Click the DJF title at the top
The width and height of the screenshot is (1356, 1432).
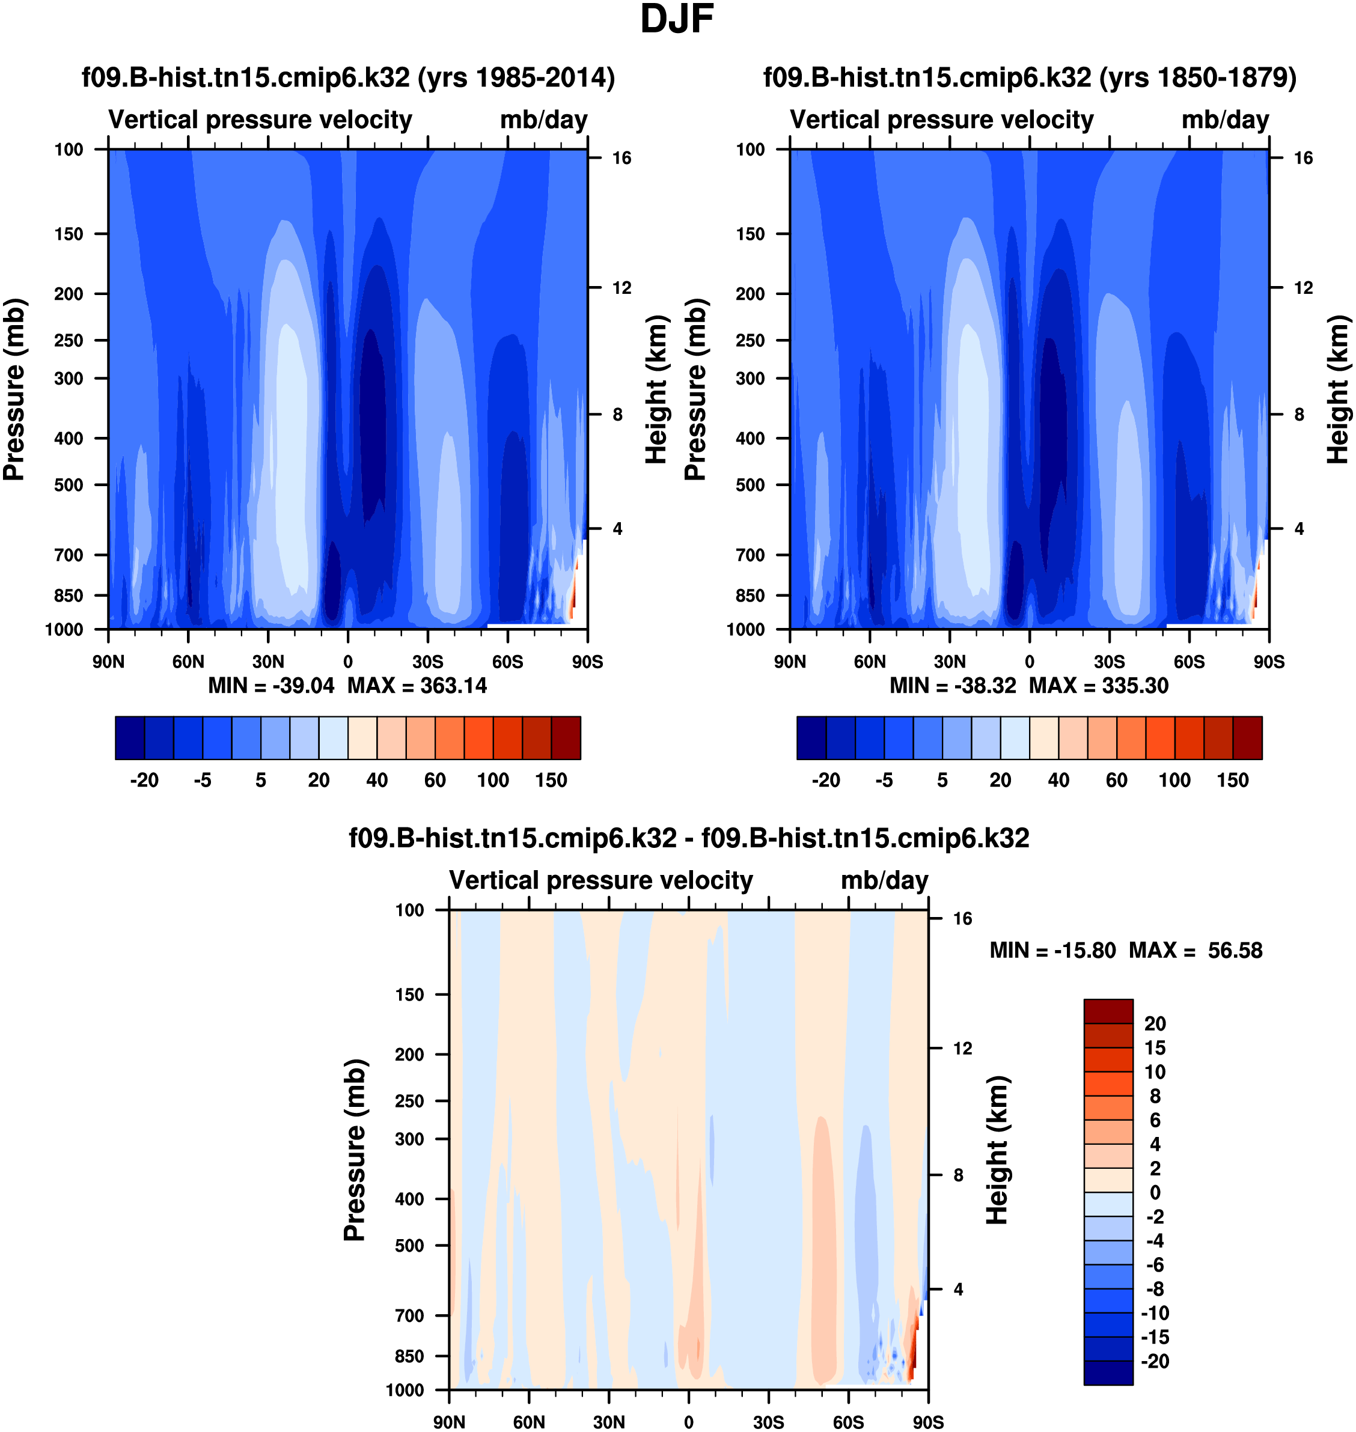[x=677, y=19]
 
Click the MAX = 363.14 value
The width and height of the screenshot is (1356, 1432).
[x=417, y=686]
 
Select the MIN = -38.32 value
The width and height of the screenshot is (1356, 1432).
[x=953, y=686]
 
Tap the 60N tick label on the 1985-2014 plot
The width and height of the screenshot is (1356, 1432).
[x=188, y=662]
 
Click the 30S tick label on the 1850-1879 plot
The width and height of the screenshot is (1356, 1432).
[x=1109, y=662]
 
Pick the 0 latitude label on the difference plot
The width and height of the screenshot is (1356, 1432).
[x=688, y=1422]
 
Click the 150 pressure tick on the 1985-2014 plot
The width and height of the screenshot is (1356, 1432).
[x=69, y=234]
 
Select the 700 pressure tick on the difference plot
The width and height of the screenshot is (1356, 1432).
[x=409, y=1315]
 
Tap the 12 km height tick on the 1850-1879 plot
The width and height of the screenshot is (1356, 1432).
[x=1303, y=288]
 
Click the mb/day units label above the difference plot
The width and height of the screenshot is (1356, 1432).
[x=884, y=881]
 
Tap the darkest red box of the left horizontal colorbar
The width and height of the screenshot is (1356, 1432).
[x=566, y=738]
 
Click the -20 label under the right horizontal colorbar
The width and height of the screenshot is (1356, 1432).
[x=825, y=781]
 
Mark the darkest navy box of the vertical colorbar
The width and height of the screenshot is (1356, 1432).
[x=1108, y=1373]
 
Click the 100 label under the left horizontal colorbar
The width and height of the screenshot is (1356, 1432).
[x=493, y=781]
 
